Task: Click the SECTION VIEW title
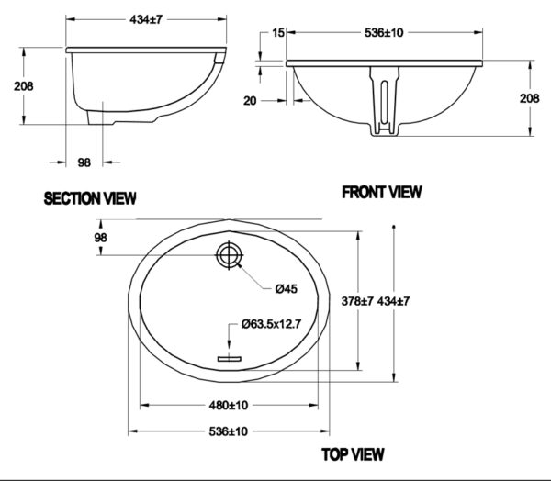click(x=90, y=197)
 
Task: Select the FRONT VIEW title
click(x=381, y=192)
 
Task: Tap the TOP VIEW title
click(x=353, y=453)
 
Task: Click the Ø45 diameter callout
click(x=286, y=288)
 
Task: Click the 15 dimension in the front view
click(x=276, y=33)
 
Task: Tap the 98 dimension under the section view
click(x=84, y=162)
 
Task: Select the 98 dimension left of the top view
click(x=101, y=238)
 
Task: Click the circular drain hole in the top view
click(x=227, y=254)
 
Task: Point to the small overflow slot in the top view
click(x=226, y=356)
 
